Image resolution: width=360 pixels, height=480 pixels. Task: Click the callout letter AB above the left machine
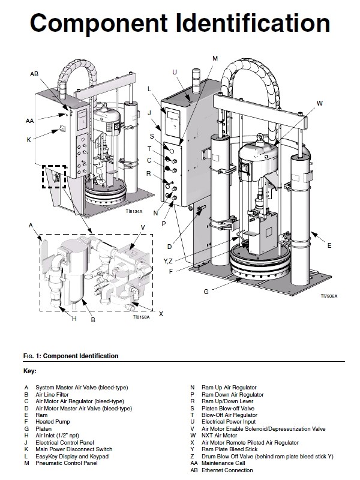(34, 73)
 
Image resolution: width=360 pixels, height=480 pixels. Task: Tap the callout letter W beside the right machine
(320, 103)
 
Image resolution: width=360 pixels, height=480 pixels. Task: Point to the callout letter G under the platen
(206, 292)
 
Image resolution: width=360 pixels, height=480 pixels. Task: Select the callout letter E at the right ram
(329, 245)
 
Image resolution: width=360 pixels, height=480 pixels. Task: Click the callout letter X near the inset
(161, 314)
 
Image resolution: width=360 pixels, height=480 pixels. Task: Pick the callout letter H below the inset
(74, 319)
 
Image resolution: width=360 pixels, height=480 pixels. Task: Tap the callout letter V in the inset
(143, 227)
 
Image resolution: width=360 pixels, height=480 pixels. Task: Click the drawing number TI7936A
(328, 296)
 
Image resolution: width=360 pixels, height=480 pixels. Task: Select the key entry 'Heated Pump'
(53, 422)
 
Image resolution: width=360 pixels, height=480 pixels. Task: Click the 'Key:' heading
(30, 371)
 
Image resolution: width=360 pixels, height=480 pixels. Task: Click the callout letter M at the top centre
(215, 58)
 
